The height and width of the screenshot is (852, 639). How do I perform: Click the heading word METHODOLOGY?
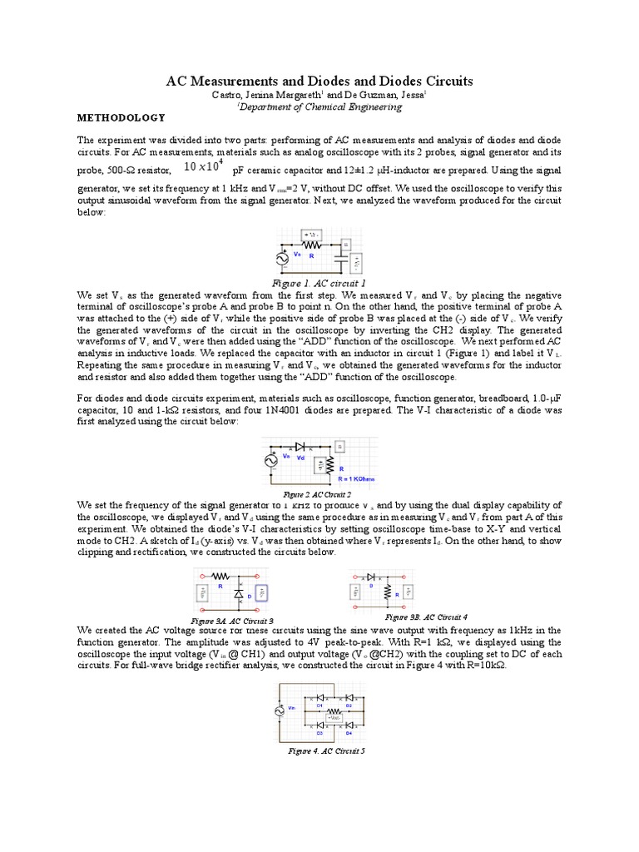pyautogui.click(x=116, y=117)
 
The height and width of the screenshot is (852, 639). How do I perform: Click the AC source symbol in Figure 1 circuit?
pyautogui.click(x=284, y=260)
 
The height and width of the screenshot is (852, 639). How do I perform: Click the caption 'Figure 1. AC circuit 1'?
pyautogui.click(x=319, y=284)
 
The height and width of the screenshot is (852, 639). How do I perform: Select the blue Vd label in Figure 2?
pyautogui.click(x=301, y=458)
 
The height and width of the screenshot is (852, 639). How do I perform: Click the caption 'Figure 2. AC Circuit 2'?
pyautogui.click(x=319, y=493)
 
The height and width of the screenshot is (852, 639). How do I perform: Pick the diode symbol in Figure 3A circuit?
pyautogui.click(x=239, y=595)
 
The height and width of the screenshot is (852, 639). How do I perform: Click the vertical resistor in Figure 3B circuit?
pyautogui.click(x=387, y=592)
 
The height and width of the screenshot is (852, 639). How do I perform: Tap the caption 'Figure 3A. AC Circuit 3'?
pyautogui.click(x=232, y=622)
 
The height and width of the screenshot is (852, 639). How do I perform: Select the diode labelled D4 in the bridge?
pyautogui.click(x=349, y=726)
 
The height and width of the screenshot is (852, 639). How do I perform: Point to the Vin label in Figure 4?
pyautogui.click(x=291, y=708)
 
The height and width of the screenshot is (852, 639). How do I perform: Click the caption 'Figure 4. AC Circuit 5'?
pyautogui.click(x=320, y=750)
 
